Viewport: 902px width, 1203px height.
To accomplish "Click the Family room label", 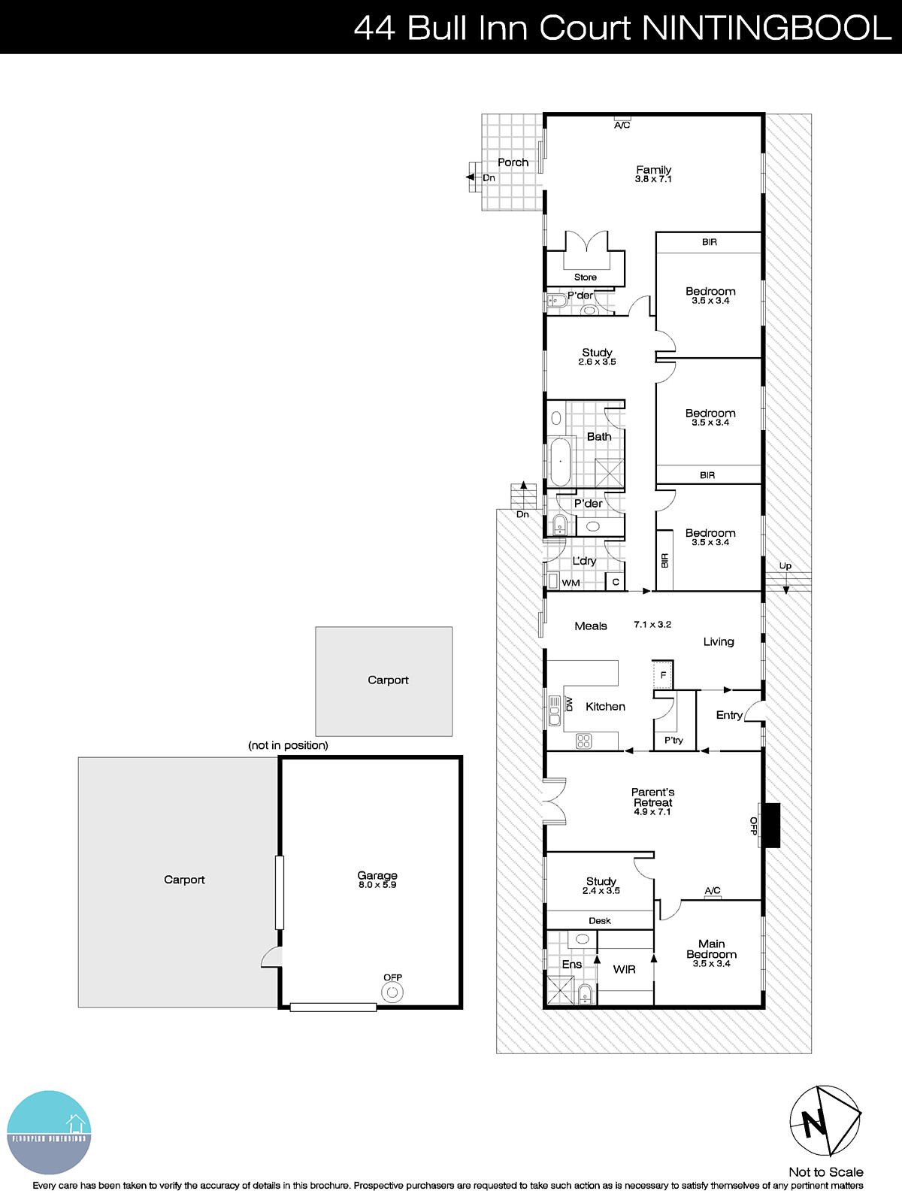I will pyautogui.click(x=653, y=170).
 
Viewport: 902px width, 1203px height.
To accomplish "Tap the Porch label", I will pyautogui.click(x=513, y=162).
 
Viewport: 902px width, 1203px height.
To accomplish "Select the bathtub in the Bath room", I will pyautogui.click(x=560, y=462).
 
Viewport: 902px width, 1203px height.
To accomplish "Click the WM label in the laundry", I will pyautogui.click(x=571, y=583).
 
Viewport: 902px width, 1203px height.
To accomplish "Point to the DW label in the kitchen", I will pyautogui.click(x=569, y=705).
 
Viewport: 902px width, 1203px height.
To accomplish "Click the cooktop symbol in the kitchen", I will pyautogui.click(x=584, y=741).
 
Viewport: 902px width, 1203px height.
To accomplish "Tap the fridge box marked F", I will pyautogui.click(x=663, y=674).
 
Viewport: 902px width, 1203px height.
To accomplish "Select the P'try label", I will pyautogui.click(x=673, y=741).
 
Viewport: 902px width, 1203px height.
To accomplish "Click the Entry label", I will pyautogui.click(x=728, y=715).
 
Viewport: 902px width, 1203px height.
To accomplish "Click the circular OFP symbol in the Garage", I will pyautogui.click(x=392, y=992).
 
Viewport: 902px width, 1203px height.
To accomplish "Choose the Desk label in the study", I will pyautogui.click(x=599, y=920).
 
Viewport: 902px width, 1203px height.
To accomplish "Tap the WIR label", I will pyautogui.click(x=624, y=969).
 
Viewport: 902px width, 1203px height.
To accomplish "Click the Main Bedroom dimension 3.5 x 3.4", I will pyautogui.click(x=711, y=964).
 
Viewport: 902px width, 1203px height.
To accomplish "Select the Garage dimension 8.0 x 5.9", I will pyautogui.click(x=377, y=885).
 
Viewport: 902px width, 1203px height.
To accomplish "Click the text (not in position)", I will pyautogui.click(x=289, y=745).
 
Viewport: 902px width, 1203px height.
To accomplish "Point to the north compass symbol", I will pyautogui.click(x=825, y=1121).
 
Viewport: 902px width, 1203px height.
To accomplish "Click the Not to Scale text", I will pyautogui.click(x=825, y=1171).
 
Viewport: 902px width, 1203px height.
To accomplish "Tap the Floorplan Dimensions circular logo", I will pyautogui.click(x=49, y=1132).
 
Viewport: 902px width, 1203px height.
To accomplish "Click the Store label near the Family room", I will pyautogui.click(x=585, y=277).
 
